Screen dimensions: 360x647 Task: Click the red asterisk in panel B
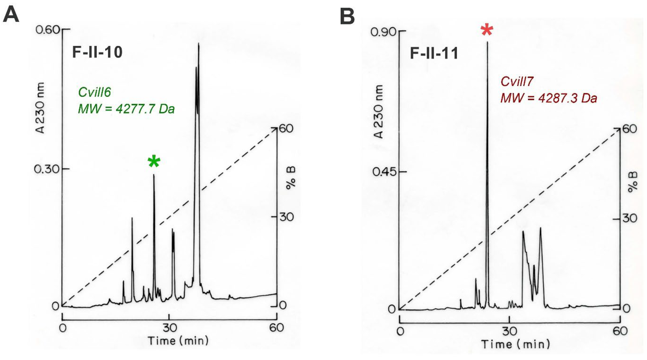pos(487,30)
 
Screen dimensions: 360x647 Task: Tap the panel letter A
pos(11,15)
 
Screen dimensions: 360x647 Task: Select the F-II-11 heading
pos(434,53)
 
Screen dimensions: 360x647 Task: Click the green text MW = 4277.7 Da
pos(126,109)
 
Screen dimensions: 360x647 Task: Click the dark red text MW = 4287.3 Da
pos(549,98)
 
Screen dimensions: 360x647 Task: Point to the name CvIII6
pos(94,92)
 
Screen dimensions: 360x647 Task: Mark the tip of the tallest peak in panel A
pos(199,44)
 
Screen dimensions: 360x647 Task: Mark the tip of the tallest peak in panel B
pos(488,42)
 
